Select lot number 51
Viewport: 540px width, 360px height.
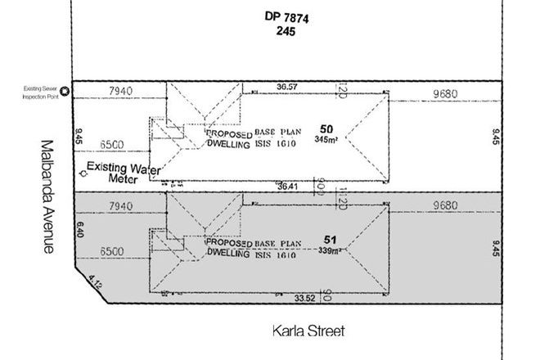click(x=330, y=240)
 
